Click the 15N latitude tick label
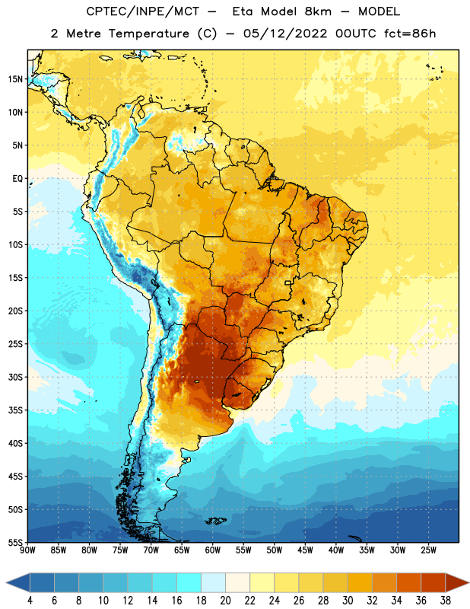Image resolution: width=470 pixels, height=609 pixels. click(x=15, y=79)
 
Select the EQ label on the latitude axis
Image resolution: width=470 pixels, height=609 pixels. click(x=17, y=179)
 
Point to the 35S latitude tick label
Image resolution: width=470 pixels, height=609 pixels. click(x=15, y=410)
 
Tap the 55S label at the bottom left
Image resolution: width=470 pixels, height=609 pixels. click(x=15, y=542)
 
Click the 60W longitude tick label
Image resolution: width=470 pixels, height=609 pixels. click(x=213, y=550)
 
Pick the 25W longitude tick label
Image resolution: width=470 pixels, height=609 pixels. click(x=428, y=550)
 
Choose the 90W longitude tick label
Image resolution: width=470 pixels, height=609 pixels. click(x=27, y=550)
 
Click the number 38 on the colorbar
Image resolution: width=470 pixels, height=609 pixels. click(x=445, y=601)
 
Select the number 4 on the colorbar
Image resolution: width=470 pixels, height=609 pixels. click(x=30, y=601)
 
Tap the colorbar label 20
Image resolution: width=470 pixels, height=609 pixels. click(x=225, y=601)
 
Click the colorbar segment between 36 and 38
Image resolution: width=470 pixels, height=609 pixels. click(x=433, y=582)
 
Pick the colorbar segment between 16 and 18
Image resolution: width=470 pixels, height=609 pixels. click(x=189, y=582)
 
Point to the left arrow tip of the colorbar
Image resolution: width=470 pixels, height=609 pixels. click(x=6, y=582)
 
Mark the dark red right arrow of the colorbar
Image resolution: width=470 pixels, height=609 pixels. click(x=456, y=582)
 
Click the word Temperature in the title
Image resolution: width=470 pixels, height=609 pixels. click(x=148, y=33)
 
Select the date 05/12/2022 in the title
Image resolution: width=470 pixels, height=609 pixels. click(x=285, y=33)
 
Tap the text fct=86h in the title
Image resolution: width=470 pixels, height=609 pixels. click(x=410, y=33)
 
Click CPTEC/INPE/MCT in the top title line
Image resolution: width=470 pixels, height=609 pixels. click(x=142, y=11)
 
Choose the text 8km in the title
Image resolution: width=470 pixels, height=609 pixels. click(x=318, y=11)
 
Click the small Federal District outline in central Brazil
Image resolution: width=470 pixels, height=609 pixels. click(x=288, y=282)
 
